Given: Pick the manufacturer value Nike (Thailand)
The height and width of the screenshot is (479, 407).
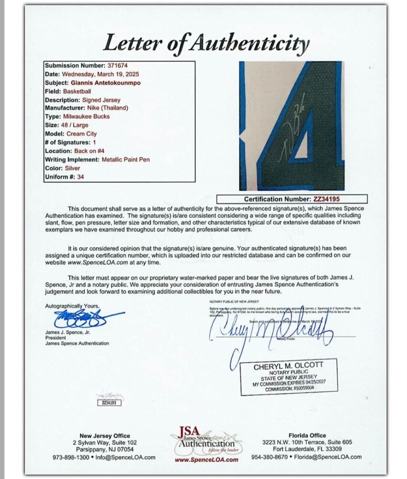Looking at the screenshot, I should (x=107, y=108).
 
